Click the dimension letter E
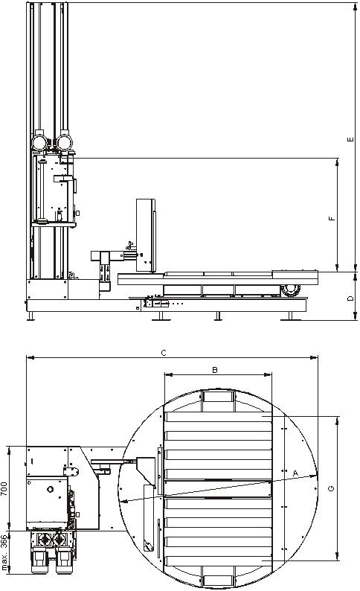tap(350, 139)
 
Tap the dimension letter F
tap(332, 218)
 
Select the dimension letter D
tap(350, 298)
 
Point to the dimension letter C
tap(164, 353)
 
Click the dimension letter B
tap(215, 370)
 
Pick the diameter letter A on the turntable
tap(295, 473)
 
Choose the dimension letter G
tap(332, 488)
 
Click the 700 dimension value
tap(4, 488)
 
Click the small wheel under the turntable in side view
tap(290, 290)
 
